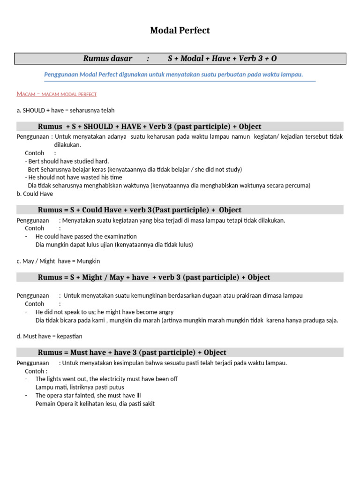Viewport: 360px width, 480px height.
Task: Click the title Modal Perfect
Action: click(x=180, y=30)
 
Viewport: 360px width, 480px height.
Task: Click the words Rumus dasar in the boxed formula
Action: click(x=108, y=59)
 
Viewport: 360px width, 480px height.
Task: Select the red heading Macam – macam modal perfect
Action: click(x=56, y=94)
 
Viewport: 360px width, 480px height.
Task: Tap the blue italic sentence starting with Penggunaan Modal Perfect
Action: click(x=173, y=75)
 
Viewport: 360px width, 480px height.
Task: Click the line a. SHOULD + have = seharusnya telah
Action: click(x=66, y=110)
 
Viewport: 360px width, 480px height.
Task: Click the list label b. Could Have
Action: click(x=35, y=194)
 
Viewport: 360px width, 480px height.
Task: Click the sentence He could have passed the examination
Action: click(x=86, y=236)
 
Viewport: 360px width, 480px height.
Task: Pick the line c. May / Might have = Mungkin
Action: click(x=58, y=261)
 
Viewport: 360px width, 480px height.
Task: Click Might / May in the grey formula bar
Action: click(x=104, y=277)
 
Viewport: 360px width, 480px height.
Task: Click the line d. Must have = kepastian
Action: click(x=50, y=336)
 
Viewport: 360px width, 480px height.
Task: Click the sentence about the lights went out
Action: click(x=106, y=379)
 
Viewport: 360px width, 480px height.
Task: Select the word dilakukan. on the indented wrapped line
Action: click(x=67, y=145)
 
